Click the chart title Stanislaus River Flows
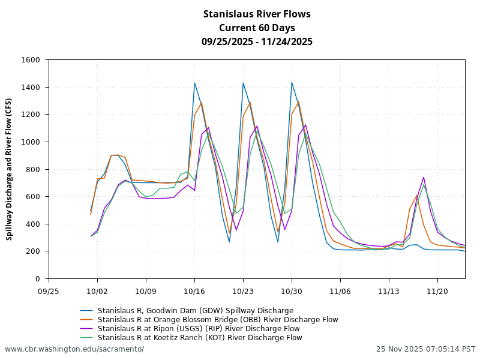point(257,14)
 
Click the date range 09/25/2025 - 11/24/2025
point(257,41)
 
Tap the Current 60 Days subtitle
point(257,28)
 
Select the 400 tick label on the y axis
point(34,224)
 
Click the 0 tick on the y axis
point(38,279)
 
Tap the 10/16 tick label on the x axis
point(194,290)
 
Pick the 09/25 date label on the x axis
point(49,290)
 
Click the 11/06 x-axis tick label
point(340,290)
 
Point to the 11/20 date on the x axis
point(437,290)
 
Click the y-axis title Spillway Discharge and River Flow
point(9,169)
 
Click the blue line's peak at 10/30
point(292,83)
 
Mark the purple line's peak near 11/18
point(424,177)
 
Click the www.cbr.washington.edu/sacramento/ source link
point(74,349)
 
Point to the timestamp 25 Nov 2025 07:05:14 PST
point(425,349)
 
